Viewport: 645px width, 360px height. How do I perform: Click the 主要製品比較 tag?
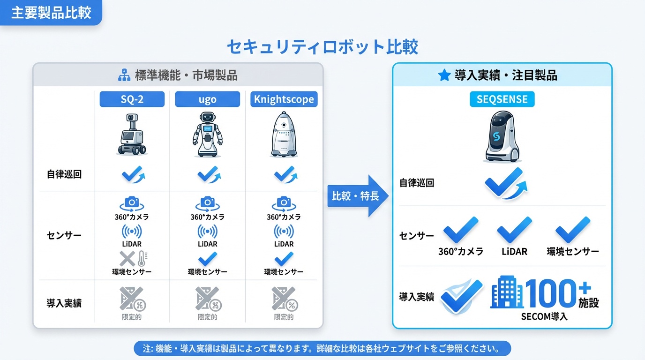click(x=51, y=13)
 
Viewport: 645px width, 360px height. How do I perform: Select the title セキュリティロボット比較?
click(x=322, y=47)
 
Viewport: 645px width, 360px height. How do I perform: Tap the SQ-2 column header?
click(x=132, y=99)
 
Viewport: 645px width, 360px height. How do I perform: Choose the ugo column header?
click(x=207, y=99)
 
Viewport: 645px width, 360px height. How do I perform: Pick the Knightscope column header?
click(x=284, y=99)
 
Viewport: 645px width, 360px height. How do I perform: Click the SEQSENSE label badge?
click(x=502, y=99)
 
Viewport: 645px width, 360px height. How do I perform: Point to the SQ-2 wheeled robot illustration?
click(x=132, y=135)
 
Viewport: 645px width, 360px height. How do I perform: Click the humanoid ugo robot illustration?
click(x=207, y=135)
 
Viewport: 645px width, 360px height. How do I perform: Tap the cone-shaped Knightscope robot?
click(x=284, y=135)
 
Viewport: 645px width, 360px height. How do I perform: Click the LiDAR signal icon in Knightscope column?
click(x=284, y=231)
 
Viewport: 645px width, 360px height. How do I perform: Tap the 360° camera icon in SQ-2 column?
click(x=132, y=203)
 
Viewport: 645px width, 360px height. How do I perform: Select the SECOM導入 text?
click(x=544, y=316)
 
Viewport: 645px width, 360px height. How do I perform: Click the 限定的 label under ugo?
click(x=207, y=317)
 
